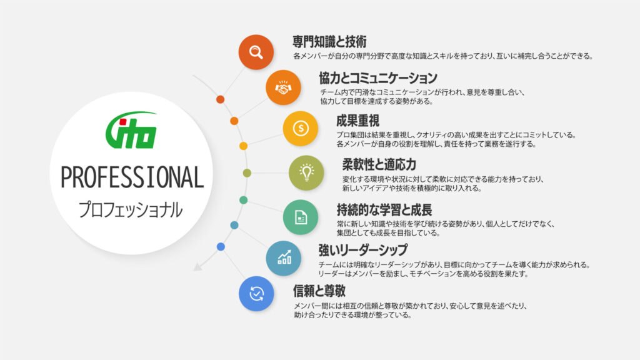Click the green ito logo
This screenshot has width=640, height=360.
(x=131, y=130)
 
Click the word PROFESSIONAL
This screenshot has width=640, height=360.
(x=132, y=177)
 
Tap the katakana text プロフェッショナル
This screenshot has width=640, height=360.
(x=130, y=210)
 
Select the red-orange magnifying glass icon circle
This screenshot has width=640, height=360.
(x=256, y=52)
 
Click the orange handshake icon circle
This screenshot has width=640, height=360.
(x=283, y=87)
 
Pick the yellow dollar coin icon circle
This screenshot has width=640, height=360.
(x=301, y=129)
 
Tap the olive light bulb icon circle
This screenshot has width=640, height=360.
(x=306, y=172)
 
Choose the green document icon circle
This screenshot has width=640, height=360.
(x=301, y=217)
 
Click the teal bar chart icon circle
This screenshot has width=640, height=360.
(x=283, y=258)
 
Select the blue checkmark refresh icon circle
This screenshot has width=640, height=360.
(x=256, y=294)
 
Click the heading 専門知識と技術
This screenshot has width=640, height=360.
(x=329, y=41)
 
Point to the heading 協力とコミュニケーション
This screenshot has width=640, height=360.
(x=378, y=77)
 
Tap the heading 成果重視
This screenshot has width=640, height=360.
(x=357, y=121)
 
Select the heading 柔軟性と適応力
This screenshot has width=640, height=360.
(x=379, y=164)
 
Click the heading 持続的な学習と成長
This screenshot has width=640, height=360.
(x=384, y=210)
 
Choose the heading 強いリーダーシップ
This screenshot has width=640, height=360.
(x=363, y=249)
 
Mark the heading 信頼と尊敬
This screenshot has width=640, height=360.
(x=319, y=291)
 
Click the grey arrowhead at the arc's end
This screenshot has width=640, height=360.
(x=197, y=267)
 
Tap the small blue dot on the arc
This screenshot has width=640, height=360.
(x=221, y=246)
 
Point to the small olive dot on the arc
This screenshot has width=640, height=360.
(x=247, y=173)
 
